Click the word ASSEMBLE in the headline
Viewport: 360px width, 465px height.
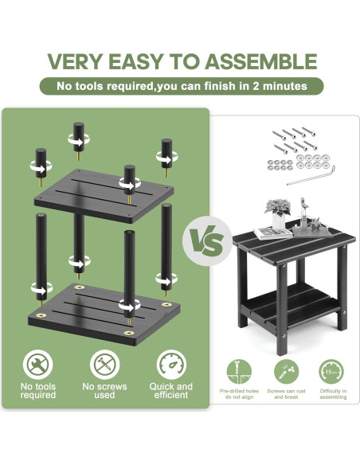point(261,61)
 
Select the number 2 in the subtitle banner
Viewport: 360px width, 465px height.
point(256,86)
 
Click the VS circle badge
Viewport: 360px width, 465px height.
point(207,240)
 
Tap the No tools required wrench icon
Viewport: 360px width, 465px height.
point(37,365)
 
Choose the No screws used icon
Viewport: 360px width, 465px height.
point(104,365)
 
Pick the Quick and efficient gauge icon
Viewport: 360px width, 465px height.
point(171,365)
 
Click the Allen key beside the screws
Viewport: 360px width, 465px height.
point(311,176)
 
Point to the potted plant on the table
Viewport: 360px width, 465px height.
point(278,213)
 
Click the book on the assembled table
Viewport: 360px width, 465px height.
point(273,233)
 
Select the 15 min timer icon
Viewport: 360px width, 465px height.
point(331,372)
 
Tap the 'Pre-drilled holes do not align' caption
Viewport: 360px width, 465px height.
point(239,394)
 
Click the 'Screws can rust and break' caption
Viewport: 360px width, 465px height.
point(286,394)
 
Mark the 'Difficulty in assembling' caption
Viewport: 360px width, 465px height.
point(333,394)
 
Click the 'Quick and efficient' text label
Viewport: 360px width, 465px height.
point(171,391)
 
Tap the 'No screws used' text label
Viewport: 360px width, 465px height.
point(104,391)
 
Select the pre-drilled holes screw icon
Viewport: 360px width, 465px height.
point(239,372)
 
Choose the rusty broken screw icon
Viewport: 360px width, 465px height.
point(286,372)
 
